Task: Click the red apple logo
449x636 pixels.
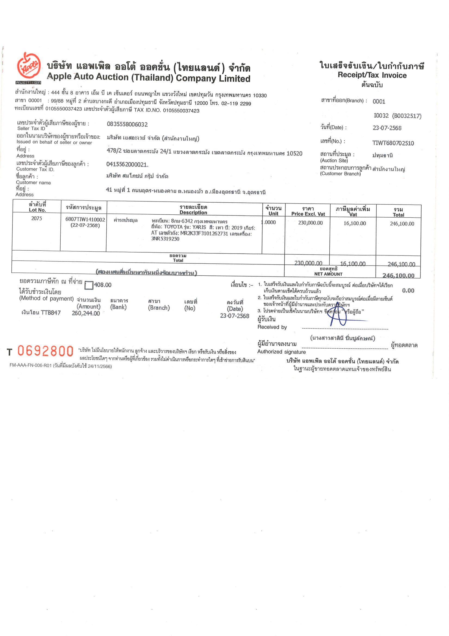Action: pyautogui.click(x=29, y=66)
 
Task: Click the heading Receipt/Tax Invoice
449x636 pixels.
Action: pyautogui.click(x=372, y=75)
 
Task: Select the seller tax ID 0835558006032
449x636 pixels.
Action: pyautogui.click(x=127, y=124)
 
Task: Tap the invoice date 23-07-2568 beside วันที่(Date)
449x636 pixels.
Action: pyautogui.click(x=387, y=128)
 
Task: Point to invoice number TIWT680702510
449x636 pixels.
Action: pyautogui.click(x=393, y=143)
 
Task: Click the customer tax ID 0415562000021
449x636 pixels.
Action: pyautogui.click(x=127, y=165)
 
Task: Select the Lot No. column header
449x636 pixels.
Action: pyautogui.click(x=37, y=207)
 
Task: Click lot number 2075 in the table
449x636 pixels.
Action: pyautogui.click(x=36, y=218)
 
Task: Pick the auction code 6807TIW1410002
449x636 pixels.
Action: pyautogui.click(x=85, y=219)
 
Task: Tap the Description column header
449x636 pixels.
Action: pyautogui.click(x=193, y=210)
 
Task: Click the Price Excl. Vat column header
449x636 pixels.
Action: pyautogui.click(x=308, y=211)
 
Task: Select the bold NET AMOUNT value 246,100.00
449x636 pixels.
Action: pyautogui.click(x=398, y=275)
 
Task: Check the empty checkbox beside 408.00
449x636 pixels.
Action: pyautogui.click(x=89, y=285)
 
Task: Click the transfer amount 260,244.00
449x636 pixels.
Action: pyautogui.click(x=86, y=313)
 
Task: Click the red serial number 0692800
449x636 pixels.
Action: pyautogui.click(x=45, y=351)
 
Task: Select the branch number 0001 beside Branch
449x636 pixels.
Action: pyautogui.click(x=379, y=101)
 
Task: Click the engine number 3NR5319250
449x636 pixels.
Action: pyautogui.click(x=165, y=239)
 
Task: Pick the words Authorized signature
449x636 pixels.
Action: pyautogui.click(x=281, y=352)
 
